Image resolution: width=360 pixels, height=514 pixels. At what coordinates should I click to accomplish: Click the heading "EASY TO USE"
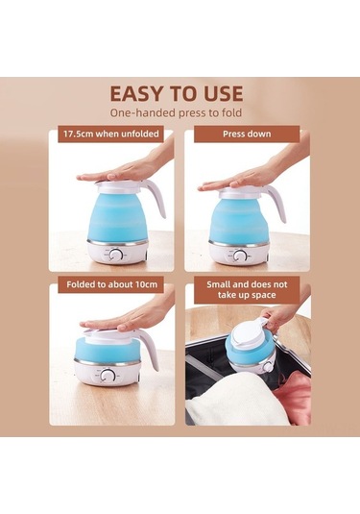pos(177,93)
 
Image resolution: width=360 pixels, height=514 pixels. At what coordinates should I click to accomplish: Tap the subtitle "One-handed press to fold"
pos(176,112)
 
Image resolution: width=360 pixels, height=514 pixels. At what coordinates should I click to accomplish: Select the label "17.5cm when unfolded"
pos(111,134)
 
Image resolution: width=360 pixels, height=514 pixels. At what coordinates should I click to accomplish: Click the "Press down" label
pos(247,134)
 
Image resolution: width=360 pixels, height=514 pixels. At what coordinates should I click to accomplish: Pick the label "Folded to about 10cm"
pos(111,284)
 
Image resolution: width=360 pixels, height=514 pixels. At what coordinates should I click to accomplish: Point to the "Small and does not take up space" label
pos(247,289)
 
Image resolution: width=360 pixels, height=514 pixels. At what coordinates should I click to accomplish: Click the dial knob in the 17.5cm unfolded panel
pos(115,255)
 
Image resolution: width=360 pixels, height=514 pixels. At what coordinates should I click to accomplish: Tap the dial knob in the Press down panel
pos(240,256)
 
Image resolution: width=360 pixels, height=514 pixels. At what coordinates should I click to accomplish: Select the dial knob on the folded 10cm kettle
pos(107,376)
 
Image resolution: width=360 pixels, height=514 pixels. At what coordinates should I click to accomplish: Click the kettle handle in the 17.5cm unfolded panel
pos(156,199)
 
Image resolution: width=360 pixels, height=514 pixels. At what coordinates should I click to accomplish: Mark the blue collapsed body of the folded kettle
pos(108,350)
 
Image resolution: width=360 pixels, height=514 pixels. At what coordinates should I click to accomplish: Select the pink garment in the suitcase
pos(293,396)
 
